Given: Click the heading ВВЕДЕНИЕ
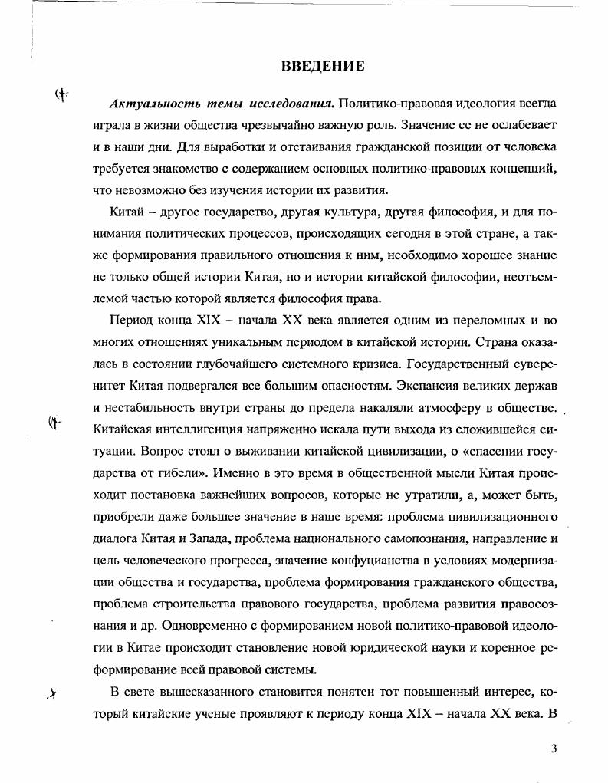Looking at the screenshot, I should click(322, 66).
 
